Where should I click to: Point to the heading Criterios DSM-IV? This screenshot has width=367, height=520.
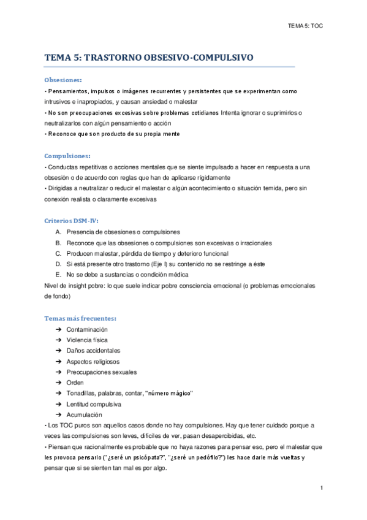71,220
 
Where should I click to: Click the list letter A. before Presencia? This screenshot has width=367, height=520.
58,232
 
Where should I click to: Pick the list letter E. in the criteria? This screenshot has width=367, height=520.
58,274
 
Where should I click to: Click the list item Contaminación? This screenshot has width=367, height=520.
91,329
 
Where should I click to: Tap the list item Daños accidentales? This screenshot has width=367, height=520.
94,351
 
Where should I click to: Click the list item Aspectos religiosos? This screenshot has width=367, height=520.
93,362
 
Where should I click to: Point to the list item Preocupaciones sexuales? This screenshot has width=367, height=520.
102,372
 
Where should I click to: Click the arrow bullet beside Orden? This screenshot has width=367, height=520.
58,383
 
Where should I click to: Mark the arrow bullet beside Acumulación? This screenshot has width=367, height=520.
58,415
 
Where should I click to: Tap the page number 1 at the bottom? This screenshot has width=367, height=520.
321,488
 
